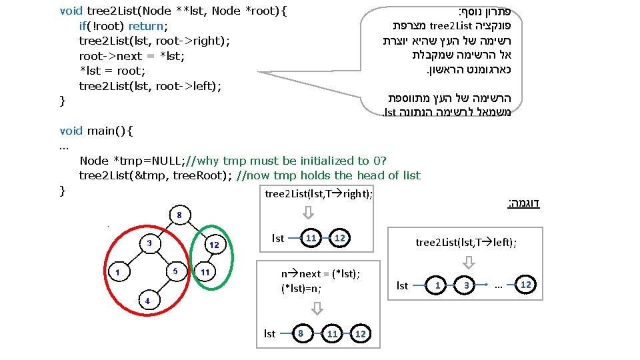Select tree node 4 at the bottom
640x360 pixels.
click(148, 301)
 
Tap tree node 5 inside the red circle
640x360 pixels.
click(175, 271)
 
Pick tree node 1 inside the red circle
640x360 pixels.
click(117, 272)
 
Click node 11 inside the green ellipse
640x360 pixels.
click(205, 272)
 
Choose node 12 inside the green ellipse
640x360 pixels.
click(214, 245)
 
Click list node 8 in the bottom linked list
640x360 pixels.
click(302, 333)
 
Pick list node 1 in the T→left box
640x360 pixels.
click(438, 285)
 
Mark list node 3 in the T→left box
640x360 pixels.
click(467, 285)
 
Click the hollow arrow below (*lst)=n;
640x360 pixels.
click(317, 309)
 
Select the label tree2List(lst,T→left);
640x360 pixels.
click(466, 243)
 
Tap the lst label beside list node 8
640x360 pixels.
click(269, 333)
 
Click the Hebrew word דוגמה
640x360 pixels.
click(525, 203)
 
